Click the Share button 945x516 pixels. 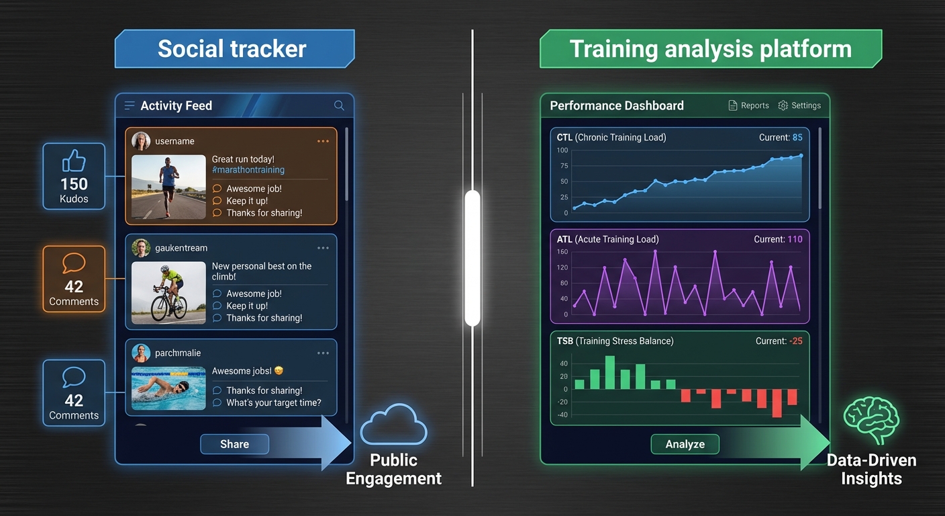pyautogui.click(x=234, y=444)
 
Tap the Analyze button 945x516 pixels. pyautogui.click(x=685, y=444)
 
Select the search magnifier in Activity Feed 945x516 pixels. pyautogui.click(x=339, y=105)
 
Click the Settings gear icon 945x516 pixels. pyautogui.click(x=783, y=105)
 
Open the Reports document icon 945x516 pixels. pyautogui.click(x=733, y=105)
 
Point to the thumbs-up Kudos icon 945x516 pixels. pyautogui.click(x=74, y=161)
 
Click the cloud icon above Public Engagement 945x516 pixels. pyautogui.click(x=393, y=425)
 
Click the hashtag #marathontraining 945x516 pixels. pyautogui.click(x=248, y=170)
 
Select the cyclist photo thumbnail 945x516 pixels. pyautogui.click(x=168, y=293)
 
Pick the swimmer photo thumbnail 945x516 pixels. pyautogui.click(x=168, y=388)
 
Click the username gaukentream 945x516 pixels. pyautogui.click(x=181, y=248)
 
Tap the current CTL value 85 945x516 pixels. pyautogui.click(x=797, y=138)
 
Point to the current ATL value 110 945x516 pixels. pyautogui.click(x=795, y=239)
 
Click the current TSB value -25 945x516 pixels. pyautogui.click(x=795, y=341)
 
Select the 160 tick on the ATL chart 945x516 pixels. pyautogui.click(x=562, y=252)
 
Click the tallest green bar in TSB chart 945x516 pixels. pyautogui.click(x=610, y=372)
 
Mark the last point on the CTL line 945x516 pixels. pyautogui.click(x=801, y=156)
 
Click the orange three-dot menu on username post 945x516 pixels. pyautogui.click(x=323, y=141)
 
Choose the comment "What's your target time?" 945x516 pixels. pyautogui.click(x=273, y=403)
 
